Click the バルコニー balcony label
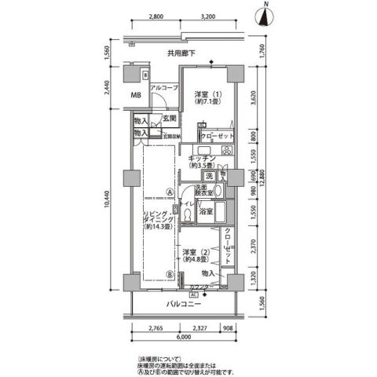click(183, 304)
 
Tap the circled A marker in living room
click(169, 188)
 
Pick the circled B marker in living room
click(169, 275)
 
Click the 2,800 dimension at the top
click(156, 16)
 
